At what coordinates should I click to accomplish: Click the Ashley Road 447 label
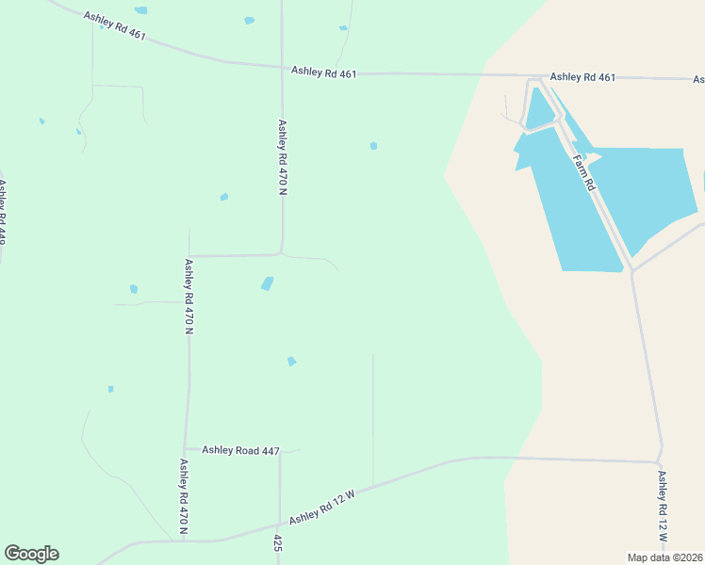pyautogui.click(x=240, y=451)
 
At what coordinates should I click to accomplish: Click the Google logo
pyautogui.click(x=31, y=554)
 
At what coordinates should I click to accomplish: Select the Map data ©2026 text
pyautogui.click(x=664, y=557)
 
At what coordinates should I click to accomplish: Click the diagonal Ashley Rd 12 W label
pyautogui.click(x=321, y=507)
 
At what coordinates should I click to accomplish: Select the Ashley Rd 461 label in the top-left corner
pyautogui.click(x=115, y=25)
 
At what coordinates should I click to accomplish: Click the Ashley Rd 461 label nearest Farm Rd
pyautogui.click(x=582, y=77)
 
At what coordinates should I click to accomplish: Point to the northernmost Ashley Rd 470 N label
pyautogui.click(x=282, y=156)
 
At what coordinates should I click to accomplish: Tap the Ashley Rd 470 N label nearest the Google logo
pyautogui.click(x=184, y=496)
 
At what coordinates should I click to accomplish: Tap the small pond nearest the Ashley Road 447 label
pyautogui.click(x=292, y=362)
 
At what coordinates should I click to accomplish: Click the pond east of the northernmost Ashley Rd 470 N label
pyautogui.click(x=374, y=146)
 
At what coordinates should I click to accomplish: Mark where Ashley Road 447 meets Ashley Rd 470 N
pyautogui.click(x=187, y=449)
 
